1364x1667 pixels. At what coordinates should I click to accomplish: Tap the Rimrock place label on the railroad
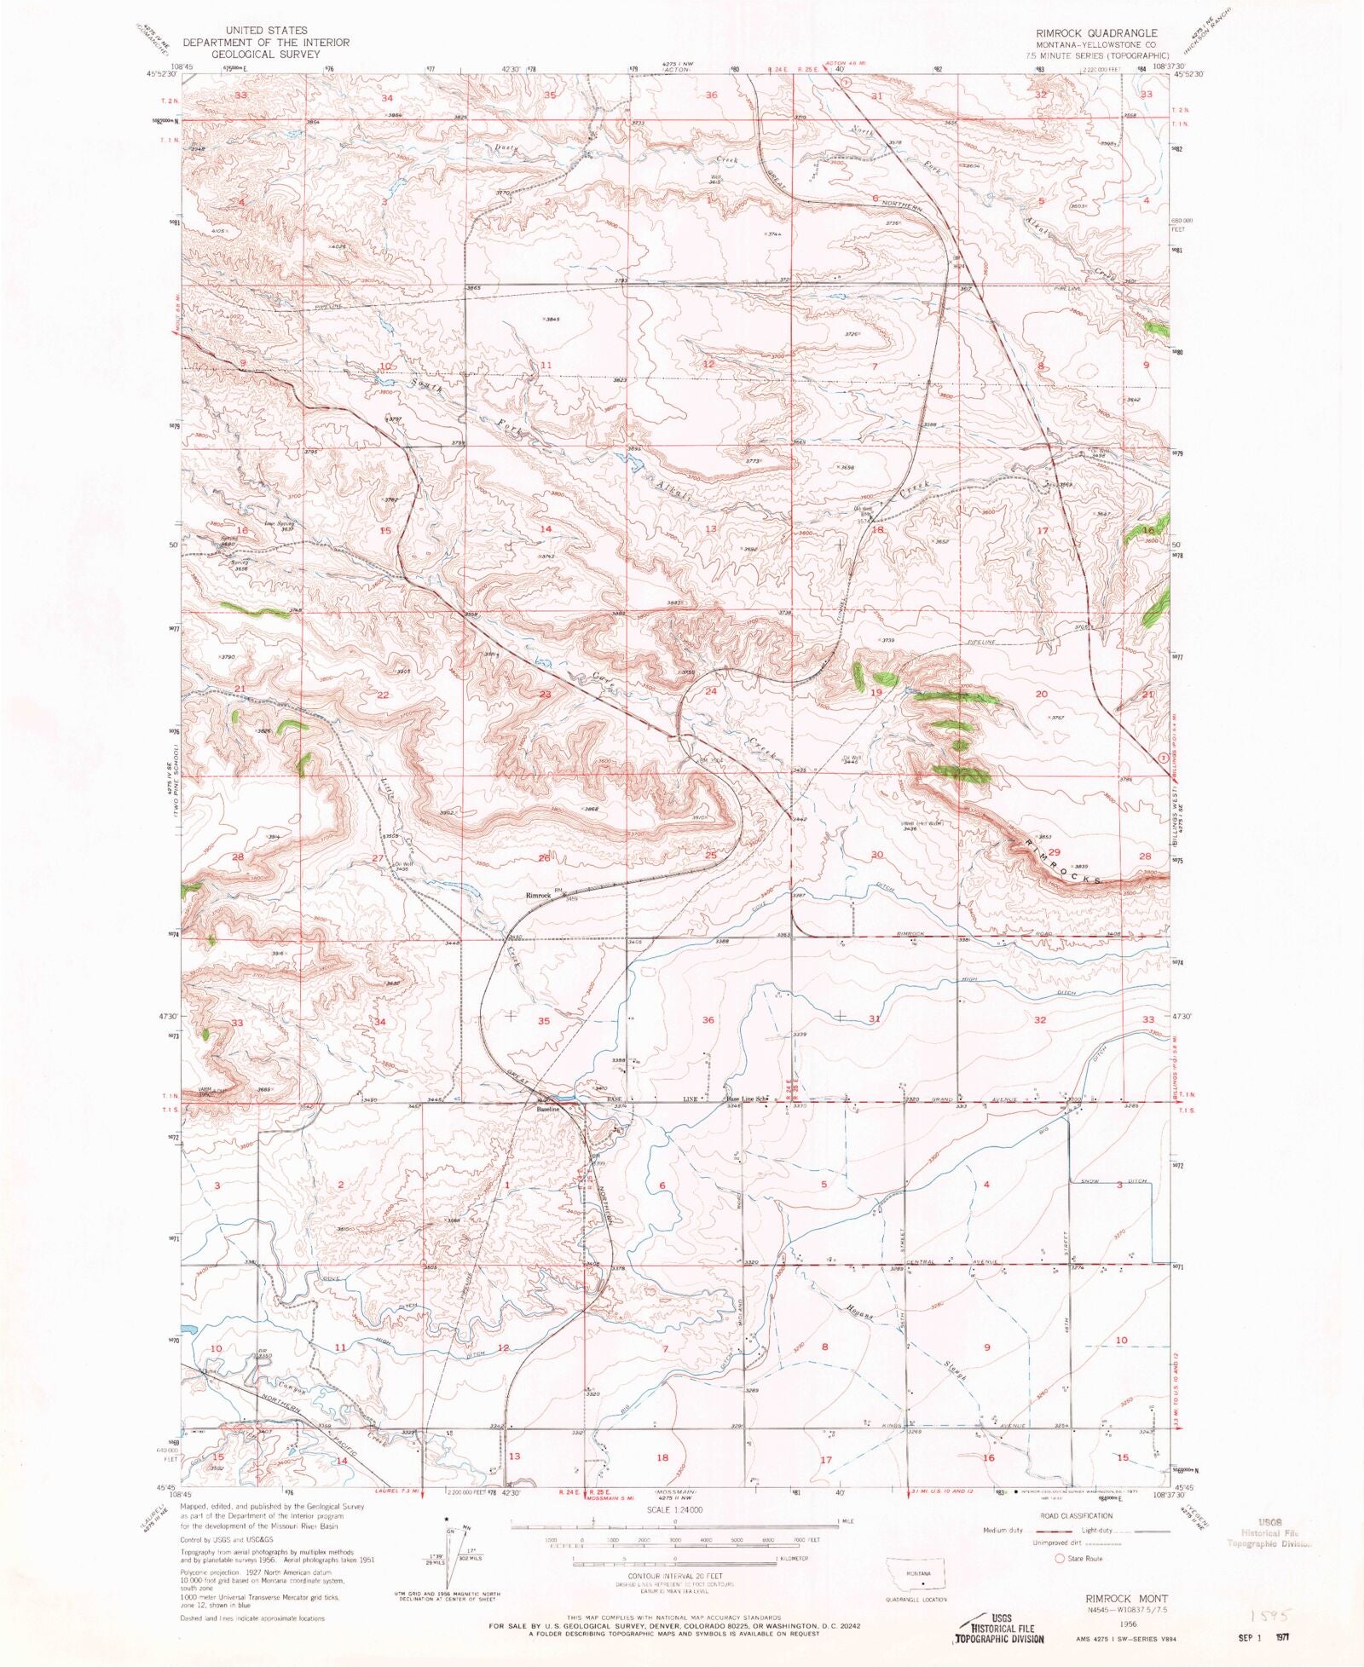[x=538, y=896]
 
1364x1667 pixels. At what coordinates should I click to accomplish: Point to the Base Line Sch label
[x=748, y=1099]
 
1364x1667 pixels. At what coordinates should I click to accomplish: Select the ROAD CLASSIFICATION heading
[x=1077, y=1516]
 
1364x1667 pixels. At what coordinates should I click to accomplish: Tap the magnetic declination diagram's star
[x=448, y=1519]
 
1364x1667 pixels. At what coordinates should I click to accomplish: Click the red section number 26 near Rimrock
[x=544, y=857]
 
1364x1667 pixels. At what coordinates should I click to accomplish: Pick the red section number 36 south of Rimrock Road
[x=708, y=1020]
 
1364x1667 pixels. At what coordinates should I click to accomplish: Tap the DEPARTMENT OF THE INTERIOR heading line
[x=265, y=42]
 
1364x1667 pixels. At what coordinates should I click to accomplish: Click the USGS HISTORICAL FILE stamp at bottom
[x=997, y=1628]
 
